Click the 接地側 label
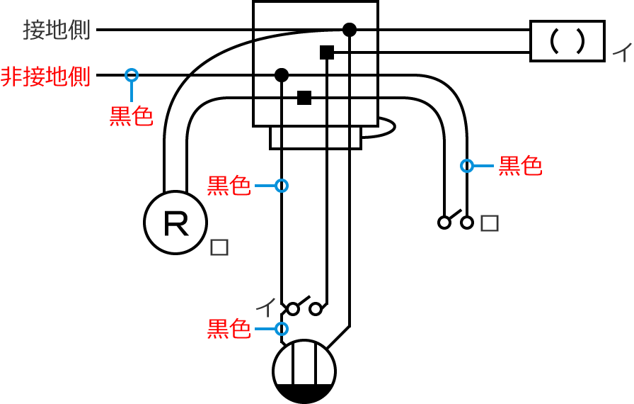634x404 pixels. point(57,30)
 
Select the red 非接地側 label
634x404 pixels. point(46,76)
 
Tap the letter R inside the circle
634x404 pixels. point(175,223)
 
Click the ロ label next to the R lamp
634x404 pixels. point(219,247)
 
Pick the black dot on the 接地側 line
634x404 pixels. point(349,30)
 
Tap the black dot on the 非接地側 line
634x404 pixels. point(282,74)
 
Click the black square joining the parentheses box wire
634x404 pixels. point(326,52)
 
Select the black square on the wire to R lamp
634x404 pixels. point(304,98)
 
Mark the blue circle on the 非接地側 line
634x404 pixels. point(132,74)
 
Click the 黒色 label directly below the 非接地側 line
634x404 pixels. point(131,116)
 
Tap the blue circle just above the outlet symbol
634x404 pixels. point(282,329)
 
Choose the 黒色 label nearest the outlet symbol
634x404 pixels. point(229,330)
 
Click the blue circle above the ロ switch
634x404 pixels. point(467,166)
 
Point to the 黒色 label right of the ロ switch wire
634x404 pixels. point(520,166)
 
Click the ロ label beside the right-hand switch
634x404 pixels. point(490,223)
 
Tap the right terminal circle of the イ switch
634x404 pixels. point(316,309)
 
